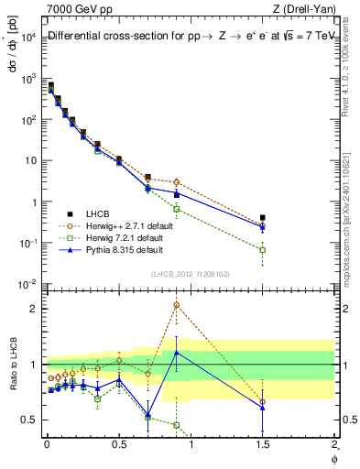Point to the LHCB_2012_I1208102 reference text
tap(191, 273)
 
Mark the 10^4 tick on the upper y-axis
tap(28, 37)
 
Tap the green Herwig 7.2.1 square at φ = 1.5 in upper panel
tap(263, 249)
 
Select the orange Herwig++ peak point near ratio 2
tap(176, 305)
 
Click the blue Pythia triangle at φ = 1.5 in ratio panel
tap(263, 408)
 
